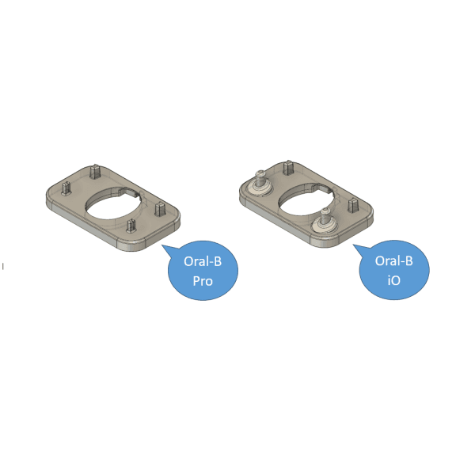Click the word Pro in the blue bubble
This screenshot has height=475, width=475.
[203, 281]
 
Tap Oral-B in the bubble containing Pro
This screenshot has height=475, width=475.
[203, 261]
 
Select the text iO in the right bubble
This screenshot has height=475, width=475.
[393, 280]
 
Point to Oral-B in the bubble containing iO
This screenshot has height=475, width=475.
[393, 260]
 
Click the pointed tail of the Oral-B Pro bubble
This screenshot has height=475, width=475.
[162, 245]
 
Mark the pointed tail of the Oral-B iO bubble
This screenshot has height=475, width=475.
[354, 245]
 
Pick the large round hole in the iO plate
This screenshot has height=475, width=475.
[305, 200]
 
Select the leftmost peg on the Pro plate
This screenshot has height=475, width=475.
[66, 188]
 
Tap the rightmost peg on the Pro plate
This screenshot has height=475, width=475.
[159, 209]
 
